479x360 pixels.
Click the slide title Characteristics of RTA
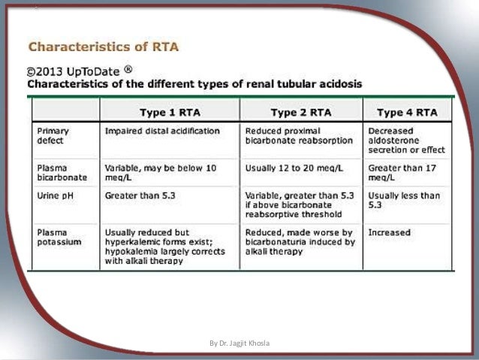104,47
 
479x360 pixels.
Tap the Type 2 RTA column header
300,113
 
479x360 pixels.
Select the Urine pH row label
54,195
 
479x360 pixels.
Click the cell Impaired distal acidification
162,131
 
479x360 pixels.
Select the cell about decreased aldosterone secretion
406,140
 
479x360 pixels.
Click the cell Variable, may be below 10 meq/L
160,173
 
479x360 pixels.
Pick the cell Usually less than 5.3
404,200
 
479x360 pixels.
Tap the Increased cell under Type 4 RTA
388,233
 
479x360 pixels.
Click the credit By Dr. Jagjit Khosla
239,343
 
